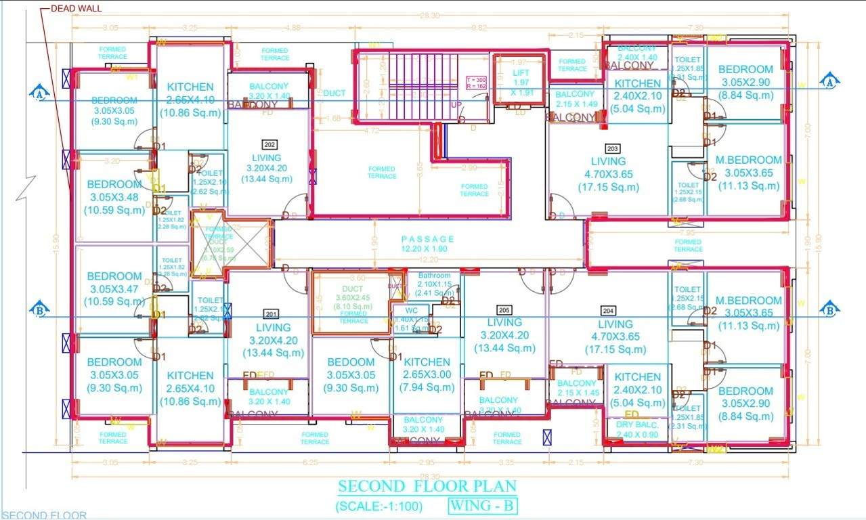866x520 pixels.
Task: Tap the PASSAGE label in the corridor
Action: point(428,239)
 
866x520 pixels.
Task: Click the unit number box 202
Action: point(269,144)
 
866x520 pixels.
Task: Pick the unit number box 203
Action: point(613,147)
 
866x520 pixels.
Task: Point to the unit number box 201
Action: point(271,313)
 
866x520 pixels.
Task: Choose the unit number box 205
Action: point(503,309)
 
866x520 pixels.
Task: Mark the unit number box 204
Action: point(608,311)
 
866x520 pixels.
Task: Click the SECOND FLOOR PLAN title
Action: point(427,486)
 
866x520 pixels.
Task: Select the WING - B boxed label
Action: point(483,505)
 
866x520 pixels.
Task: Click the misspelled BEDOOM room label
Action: point(350,362)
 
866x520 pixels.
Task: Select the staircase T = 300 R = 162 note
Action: point(477,83)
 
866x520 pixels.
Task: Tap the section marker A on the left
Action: point(39,93)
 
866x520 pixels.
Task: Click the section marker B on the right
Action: point(829,310)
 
